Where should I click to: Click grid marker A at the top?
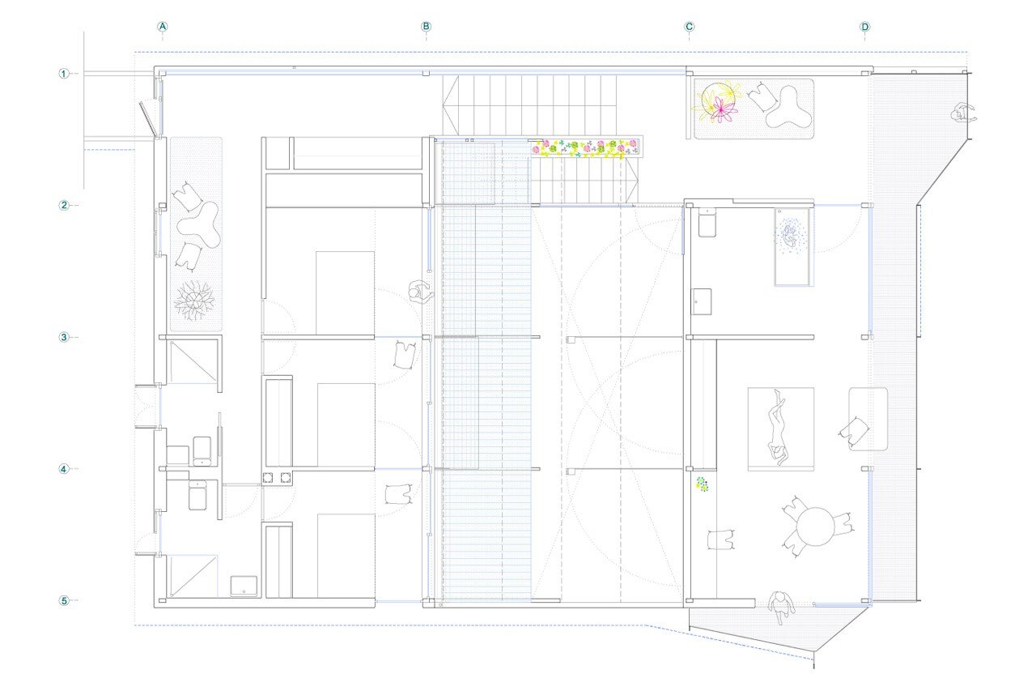click(x=163, y=27)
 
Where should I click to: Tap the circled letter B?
click(x=426, y=27)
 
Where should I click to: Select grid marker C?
click(x=689, y=27)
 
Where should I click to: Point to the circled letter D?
click(x=865, y=27)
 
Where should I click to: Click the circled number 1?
click(x=64, y=74)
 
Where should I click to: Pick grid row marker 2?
click(x=64, y=205)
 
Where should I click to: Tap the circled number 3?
click(x=64, y=337)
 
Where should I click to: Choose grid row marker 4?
click(x=64, y=469)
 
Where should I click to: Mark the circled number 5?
click(x=64, y=601)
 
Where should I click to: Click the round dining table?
click(x=815, y=527)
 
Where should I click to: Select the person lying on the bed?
click(x=778, y=428)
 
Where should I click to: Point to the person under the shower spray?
click(x=789, y=236)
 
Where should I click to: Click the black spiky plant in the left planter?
click(x=194, y=301)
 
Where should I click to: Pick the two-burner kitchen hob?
click(x=277, y=477)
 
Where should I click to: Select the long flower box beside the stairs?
click(x=585, y=147)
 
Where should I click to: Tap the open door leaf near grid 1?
click(x=148, y=119)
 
